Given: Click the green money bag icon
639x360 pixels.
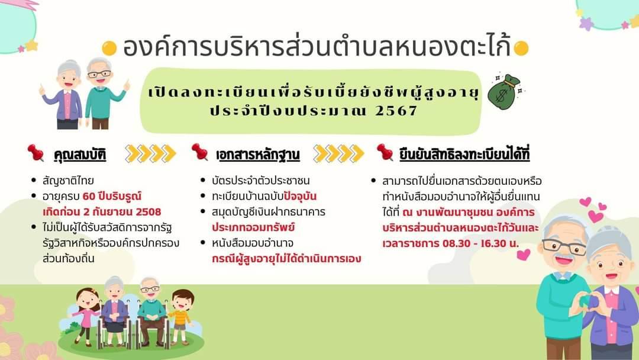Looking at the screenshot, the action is tap(504, 92).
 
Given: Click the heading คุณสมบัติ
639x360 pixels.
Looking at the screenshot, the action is tap(80, 155).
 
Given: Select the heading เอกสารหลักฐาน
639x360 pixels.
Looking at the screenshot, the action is tap(258, 155).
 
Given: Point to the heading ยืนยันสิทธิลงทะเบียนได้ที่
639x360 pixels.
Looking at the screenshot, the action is tap(464, 154).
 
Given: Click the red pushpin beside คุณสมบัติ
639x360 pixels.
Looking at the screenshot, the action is tap(36, 153).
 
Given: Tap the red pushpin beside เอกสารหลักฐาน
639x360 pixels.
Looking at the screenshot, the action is tap(200, 152).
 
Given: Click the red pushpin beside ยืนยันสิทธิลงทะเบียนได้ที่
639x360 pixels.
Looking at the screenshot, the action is tap(385, 152).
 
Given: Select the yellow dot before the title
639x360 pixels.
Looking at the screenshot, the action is tap(109, 48).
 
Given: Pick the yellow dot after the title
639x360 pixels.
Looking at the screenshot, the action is tap(521, 48).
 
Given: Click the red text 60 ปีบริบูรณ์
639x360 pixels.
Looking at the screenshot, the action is tap(112, 196).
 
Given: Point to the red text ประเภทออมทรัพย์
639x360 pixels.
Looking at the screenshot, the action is tap(253, 227).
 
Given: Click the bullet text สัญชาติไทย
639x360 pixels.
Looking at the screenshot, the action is tap(68, 181).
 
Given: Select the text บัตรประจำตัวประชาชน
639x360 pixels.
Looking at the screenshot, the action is tap(261, 181).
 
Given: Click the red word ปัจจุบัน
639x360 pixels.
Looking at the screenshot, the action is tap(301, 196).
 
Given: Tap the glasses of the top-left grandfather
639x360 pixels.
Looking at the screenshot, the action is tap(99, 74).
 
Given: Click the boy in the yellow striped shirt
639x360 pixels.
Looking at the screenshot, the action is tap(181, 317).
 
